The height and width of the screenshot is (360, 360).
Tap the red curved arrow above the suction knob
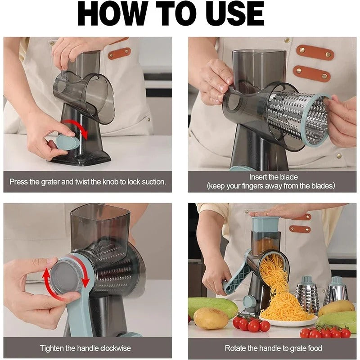point(75,128)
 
